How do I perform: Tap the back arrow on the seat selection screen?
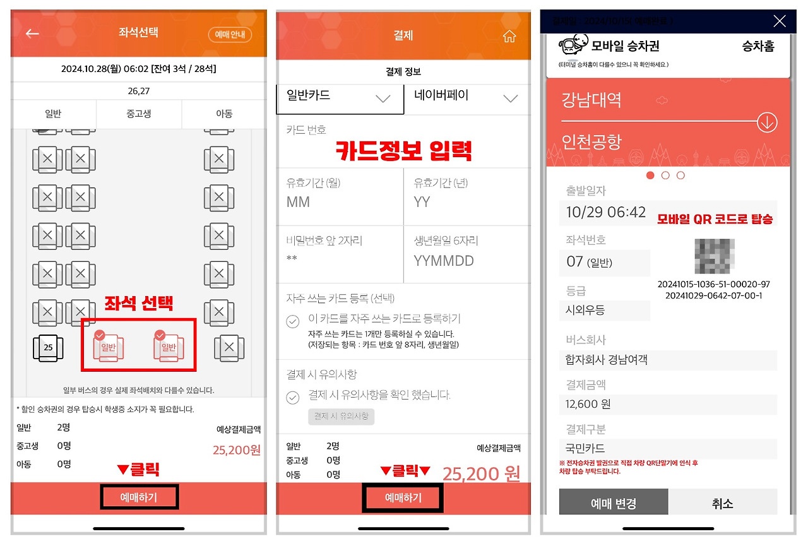coord(32,33)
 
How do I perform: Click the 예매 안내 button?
coord(230,35)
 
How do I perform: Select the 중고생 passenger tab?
coord(139,114)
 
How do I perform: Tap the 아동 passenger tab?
coord(224,114)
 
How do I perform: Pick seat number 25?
coord(48,347)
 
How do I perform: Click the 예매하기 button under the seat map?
coord(139,497)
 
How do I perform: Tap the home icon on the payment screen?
coord(509,37)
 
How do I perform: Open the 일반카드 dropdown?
coord(340,97)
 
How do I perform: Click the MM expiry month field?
coord(340,202)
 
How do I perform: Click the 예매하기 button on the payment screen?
coord(403,498)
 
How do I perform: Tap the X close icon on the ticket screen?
coord(780,21)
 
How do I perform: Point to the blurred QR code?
coord(714,256)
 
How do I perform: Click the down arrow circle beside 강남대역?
coord(767,122)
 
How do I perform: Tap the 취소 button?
coord(722,503)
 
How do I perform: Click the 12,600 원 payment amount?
coord(588,404)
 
